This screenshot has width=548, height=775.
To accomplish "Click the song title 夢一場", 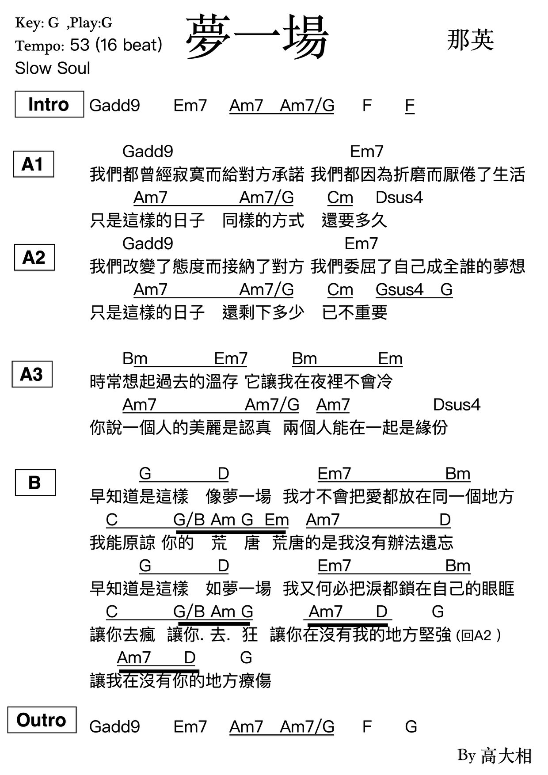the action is [x=257, y=37].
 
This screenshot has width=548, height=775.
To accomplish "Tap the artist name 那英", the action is [x=470, y=40].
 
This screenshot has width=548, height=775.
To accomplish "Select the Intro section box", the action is [x=49, y=104].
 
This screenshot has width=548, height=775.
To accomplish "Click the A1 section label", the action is [x=34, y=164].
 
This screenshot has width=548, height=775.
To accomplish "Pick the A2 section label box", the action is [x=34, y=257].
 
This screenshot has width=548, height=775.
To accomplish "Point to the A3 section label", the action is [x=32, y=374].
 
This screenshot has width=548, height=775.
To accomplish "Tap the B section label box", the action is [x=35, y=482].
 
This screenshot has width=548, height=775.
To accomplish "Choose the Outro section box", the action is [x=42, y=720].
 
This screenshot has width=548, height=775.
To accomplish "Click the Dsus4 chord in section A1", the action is [x=399, y=198].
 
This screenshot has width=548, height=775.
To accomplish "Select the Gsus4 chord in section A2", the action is [x=399, y=290].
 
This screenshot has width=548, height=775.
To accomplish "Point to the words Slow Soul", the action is [x=53, y=68].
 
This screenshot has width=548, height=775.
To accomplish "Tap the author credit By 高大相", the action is [x=495, y=756].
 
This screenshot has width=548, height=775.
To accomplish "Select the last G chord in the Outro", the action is [x=411, y=727].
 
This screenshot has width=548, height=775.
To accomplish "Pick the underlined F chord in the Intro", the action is [x=410, y=106].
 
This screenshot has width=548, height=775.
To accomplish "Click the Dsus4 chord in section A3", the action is [x=457, y=405].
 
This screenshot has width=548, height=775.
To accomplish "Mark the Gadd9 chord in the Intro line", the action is [x=114, y=106].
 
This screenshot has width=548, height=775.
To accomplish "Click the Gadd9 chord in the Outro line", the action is [x=114, y=727].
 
